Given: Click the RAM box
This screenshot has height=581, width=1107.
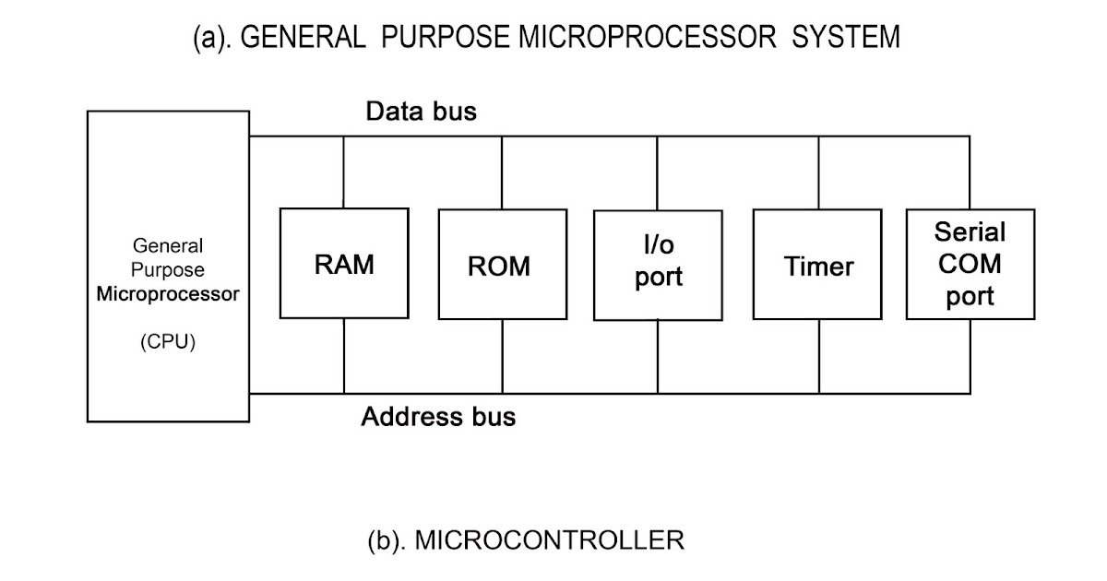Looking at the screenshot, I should tap(344, 264).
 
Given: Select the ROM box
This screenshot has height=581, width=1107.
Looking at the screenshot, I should tap(502, 265).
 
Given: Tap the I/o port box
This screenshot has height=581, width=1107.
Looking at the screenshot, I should tap(658, 265).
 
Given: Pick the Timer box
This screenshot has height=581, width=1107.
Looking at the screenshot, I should tap(818, 266).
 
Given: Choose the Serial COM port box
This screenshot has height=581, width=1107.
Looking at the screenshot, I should tap(970, 264).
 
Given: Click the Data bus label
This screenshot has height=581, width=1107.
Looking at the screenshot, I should tap(422, 113).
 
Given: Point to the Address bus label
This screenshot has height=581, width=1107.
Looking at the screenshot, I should tap(438, 417).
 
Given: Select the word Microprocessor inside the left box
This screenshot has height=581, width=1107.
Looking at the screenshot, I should tap(168, 295).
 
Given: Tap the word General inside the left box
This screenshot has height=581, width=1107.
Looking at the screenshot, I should tap(168, 246).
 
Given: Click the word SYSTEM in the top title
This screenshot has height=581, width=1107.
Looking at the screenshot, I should tap(845, 38).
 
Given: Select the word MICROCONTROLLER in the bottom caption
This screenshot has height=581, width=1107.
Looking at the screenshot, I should tap(550, 539).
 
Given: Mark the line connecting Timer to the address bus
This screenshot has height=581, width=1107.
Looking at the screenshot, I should tap(819, 356).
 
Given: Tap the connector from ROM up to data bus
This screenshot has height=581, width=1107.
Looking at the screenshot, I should tap(503, 172).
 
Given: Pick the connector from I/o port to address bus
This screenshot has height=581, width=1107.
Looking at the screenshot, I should tap(659, 357).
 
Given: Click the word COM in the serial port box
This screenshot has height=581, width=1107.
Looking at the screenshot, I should tap(970, 264).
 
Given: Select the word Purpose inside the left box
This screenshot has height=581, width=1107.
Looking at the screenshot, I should tap(168, 270).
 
